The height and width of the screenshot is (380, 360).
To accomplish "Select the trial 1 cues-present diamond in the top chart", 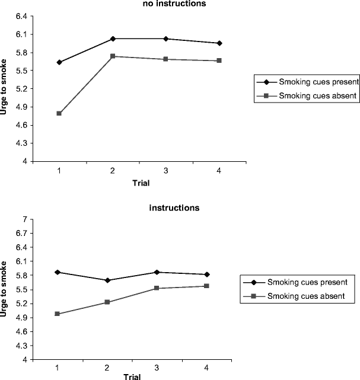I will (x=59, y=62).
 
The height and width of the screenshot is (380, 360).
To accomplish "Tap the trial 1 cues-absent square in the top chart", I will (x=59, y=113).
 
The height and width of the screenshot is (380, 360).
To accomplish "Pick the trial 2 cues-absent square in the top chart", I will (x=113, y=56).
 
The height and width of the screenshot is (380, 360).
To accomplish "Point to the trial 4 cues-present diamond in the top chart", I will (x=219, y=43).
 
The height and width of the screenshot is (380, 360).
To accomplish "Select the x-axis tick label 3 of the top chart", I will (x=166, y=170).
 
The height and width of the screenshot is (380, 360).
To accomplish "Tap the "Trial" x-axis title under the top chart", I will (x=140, y=183).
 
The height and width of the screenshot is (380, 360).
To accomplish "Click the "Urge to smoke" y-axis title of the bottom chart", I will (x=5, y=289).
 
